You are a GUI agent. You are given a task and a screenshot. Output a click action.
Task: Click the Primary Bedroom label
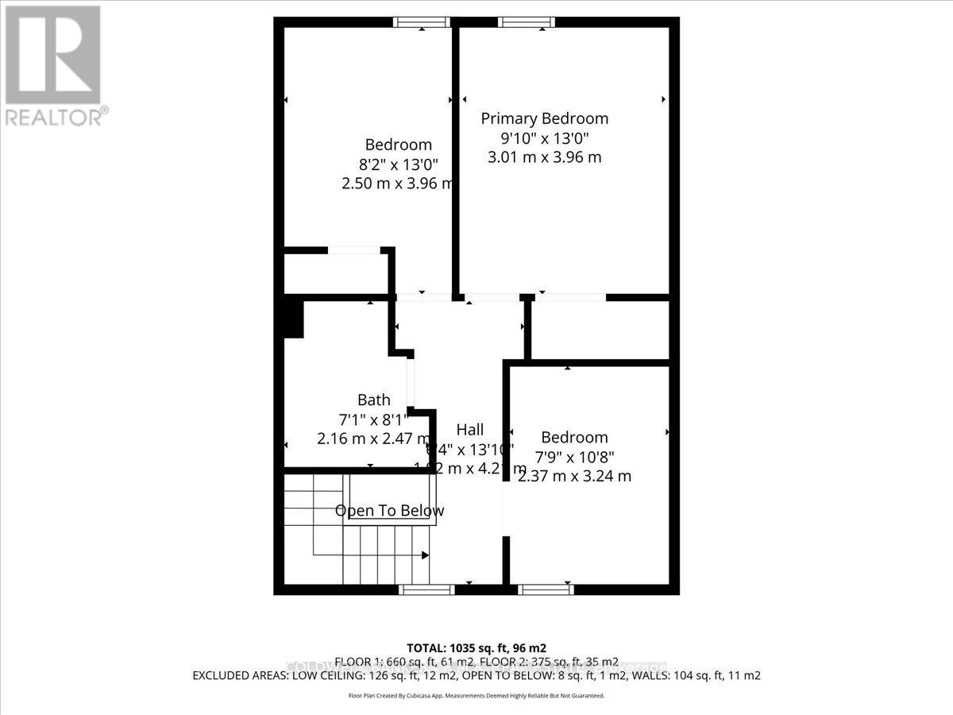pyautogui.click(x=545, y=118)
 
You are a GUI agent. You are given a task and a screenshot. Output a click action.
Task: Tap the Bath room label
pyautogui.click(x=373, y=400)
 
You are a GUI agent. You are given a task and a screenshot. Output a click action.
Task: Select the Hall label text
pyautogui.click(x=470, y=429)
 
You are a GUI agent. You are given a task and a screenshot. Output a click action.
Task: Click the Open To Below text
pyautogui.click(x=389, y=511)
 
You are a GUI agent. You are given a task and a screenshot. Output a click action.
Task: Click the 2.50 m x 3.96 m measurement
pyautogui.click(x=397, y=184)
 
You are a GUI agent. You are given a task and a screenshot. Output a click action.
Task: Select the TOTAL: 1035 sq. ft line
pyautogui.click(x=476, y=647)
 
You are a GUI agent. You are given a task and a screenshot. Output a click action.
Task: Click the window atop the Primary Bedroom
pyautogui.click(x=527, y=22)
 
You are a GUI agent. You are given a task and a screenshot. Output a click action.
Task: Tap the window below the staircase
pyautogui.click(x=426, y=589)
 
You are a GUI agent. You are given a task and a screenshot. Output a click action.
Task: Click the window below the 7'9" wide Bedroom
pyautogui.click(x=546, y=589)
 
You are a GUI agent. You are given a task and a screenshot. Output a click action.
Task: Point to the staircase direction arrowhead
pyautogui.click(x=426, y=555)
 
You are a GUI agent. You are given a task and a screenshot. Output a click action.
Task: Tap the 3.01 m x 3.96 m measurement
pyautogui.click(x=544, y=157)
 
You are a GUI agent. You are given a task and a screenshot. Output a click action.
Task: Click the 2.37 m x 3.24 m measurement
pyautogui.click(x=574, y=476)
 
